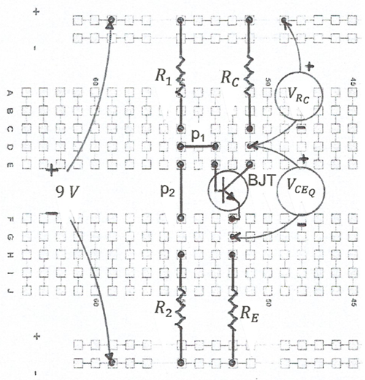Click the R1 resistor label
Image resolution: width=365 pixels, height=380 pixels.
click(163, 77)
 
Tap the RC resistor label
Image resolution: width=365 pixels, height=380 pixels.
click(229, 80)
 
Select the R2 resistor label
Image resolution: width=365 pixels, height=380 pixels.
click(164, 309)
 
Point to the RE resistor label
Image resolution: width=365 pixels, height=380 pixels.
click(249, 315)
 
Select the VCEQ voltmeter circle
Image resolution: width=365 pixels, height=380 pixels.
click(301, 167)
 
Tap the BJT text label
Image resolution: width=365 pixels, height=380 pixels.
click(261, 180)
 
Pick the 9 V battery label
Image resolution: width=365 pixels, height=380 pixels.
click(67, 192)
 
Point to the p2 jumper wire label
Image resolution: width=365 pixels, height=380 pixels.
click(168, 191)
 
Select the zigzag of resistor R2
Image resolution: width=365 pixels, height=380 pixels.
click(180, 308)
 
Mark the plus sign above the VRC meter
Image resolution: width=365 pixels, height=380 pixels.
click(309, 66)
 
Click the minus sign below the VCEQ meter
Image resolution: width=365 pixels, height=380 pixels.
click(301, 224)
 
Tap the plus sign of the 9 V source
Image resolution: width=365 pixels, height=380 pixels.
click(51, 170)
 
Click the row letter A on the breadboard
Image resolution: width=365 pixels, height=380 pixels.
click(9, 93)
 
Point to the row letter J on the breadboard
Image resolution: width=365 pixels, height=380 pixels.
click(9, 291)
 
